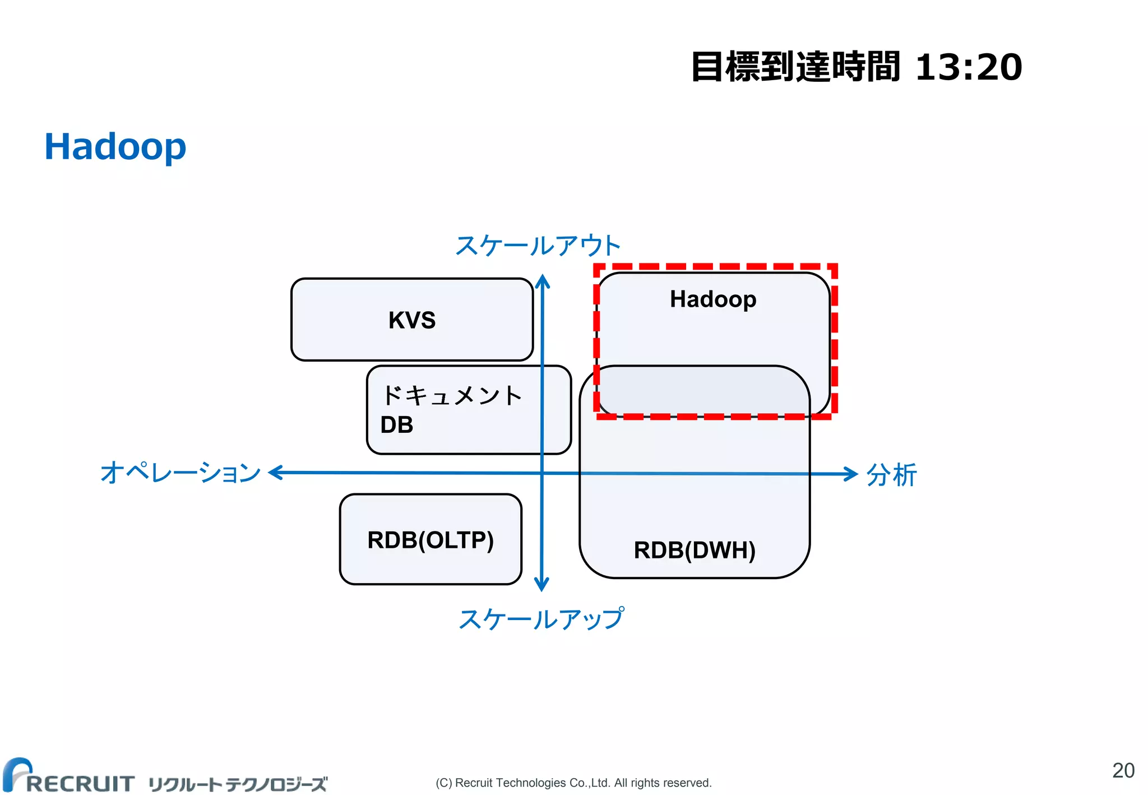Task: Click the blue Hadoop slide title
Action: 115,147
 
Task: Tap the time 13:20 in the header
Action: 968,67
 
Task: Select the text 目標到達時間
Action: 795,67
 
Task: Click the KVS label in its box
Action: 412,320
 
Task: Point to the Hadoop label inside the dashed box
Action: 713,299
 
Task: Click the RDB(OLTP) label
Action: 430,540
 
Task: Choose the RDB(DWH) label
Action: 695,550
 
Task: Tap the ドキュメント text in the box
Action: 451,396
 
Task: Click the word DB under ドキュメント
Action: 397,425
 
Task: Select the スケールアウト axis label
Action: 538,246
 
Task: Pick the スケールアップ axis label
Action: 541,619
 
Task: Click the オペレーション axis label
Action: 180,473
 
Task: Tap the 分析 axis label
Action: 891,475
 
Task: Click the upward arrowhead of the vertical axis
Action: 542,280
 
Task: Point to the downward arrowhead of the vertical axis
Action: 541,585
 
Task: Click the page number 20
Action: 1123,770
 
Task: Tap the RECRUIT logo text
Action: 80,783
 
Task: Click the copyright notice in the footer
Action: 573,783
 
